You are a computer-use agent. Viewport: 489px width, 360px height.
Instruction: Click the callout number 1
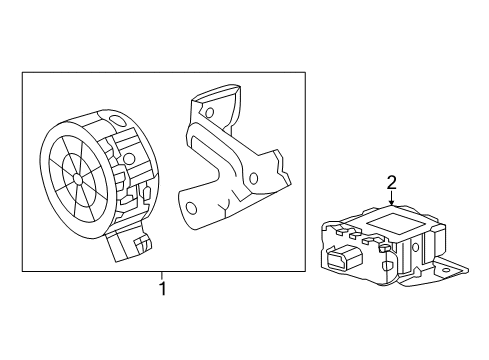pyautogui.click(x=160, y=290)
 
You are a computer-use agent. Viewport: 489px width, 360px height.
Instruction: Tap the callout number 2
pyautogui.click(x=392, y=183)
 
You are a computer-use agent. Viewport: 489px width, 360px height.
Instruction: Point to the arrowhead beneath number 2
pyautogui.click(x=392, y=206)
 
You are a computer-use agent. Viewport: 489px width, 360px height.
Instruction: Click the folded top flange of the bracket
pyautogui.click(x=216, y=100)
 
